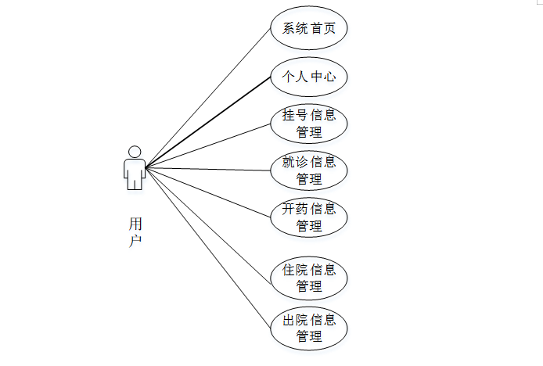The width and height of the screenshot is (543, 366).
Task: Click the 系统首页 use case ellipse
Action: pos(308,29)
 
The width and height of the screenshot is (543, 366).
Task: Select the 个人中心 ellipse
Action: pos(308,77)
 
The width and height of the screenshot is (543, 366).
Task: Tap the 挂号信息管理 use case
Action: pos(308,124)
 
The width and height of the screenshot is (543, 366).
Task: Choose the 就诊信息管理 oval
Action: pos(308,170)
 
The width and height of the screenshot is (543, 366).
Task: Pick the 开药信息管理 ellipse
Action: pos(308,217)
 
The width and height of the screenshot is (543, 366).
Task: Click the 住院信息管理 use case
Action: pos(308,278)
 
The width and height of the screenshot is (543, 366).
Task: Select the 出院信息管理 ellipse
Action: pos(308,328)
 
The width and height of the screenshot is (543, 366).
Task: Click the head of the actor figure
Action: pos(135,151)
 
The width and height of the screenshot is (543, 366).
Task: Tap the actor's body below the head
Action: pos(135,173)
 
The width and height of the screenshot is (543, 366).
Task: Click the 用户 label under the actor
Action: pos(135,232)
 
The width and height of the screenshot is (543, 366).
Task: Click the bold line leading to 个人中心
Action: pos(207,122)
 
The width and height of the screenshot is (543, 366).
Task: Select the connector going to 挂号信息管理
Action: pos(208,145)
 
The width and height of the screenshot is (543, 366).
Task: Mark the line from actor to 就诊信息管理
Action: pos(208,169)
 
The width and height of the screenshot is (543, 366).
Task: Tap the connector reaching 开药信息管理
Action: pos(208,191)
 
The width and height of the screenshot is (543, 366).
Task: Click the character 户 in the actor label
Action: pos(135,241)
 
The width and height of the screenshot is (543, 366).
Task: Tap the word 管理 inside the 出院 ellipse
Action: pos(309,337)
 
